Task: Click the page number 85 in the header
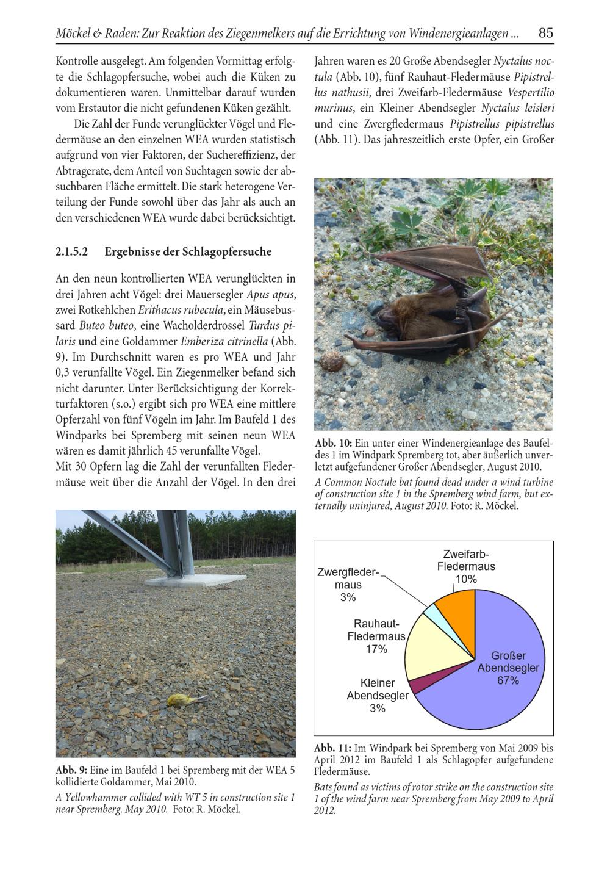coord(546,33)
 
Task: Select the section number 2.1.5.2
coord(72,251)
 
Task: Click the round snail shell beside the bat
coord(330,361)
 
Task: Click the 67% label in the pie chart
coord(508,680)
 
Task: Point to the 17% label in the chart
coord(376,649)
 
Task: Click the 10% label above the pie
coord(466,579)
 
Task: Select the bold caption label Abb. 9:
coord(71,770)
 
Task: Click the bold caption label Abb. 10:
coord(333,443)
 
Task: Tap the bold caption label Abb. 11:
coord(332,748)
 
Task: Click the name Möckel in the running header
coord(74,34)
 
